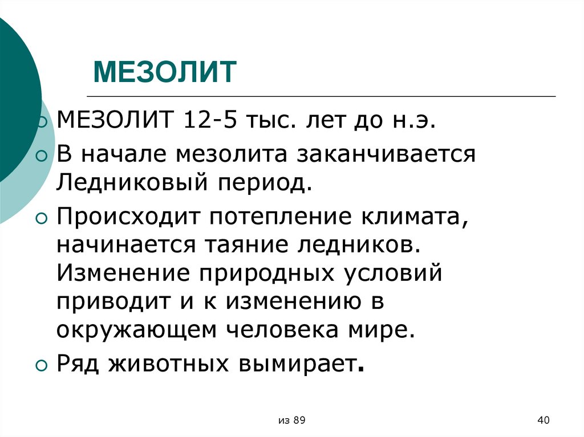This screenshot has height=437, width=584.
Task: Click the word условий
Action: click(x=394, y=274)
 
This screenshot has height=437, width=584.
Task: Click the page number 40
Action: click(x=543, y=420)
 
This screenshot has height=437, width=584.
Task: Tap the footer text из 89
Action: click(x=293, y=420)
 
